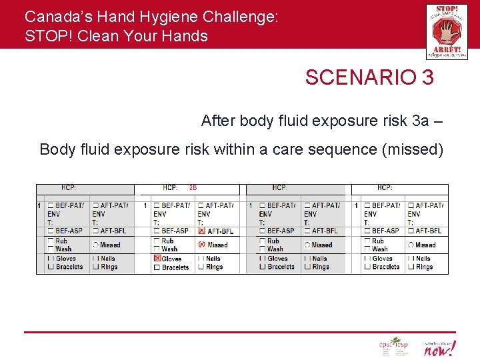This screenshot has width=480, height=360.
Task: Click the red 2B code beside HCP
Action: click(x=193, y=189)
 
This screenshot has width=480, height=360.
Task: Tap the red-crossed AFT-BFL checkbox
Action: click(x=201, y=231)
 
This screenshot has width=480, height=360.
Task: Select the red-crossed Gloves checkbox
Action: click(x=157, y=258)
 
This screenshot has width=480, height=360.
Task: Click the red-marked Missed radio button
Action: click(x=201, y=245)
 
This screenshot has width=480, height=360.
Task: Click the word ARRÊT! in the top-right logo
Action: click(x=446, y=49)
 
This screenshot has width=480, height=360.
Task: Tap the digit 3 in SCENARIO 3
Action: click(x=427, y=77)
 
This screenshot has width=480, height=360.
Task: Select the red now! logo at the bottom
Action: click(x=440, y=347)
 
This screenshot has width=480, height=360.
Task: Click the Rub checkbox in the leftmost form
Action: click(x=51, y=241)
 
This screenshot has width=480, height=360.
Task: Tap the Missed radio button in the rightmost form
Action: click(x=411, y=245)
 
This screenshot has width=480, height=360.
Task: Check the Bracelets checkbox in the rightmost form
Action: click(x=367, y=267)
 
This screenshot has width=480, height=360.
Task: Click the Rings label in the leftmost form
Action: click(x=109, y=267)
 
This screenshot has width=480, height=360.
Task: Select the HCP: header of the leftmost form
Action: click(x=69, y=189)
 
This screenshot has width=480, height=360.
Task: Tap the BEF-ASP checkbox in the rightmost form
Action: click(x=367, y=231)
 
